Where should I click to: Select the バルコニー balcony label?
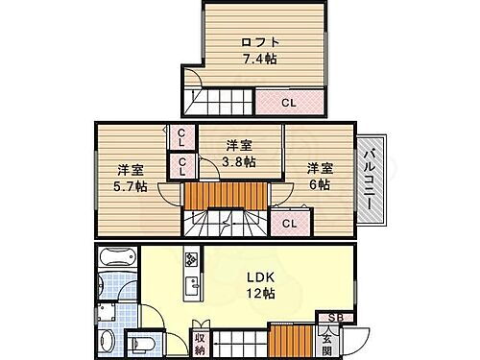click(x=370, y=179)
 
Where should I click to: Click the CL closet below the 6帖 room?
click(x=289, y=223)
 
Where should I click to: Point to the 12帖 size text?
click(x=260, y=294)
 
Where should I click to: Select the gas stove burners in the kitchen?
click(x=191, y=259)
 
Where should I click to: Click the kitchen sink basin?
click(x=191, y=285)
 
